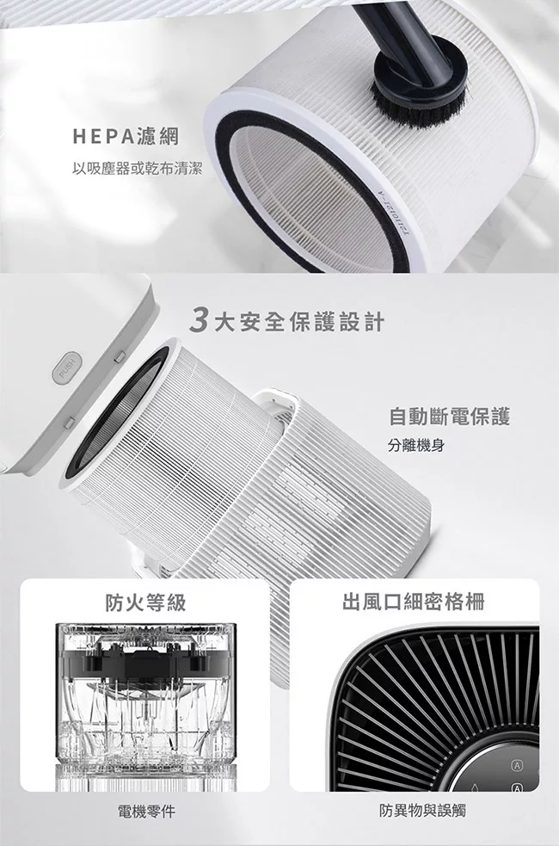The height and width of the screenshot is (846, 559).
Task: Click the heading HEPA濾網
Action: pos(126,137)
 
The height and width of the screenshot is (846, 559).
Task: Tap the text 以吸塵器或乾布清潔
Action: pos(137,169)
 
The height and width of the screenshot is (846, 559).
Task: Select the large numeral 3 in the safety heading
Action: pos(200,322)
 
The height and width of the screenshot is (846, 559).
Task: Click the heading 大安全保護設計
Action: pos(299,322)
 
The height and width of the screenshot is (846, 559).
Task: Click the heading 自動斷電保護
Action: pos(449,416)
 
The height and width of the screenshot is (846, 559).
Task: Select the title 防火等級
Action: pos(145,601)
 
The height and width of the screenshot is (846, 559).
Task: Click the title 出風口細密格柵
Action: pos(414,601)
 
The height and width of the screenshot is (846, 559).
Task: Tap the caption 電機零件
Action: pos(146,811)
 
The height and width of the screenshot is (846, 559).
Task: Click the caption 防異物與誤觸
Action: pos(422,810)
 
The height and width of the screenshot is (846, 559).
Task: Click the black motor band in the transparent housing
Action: pos(145,661)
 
